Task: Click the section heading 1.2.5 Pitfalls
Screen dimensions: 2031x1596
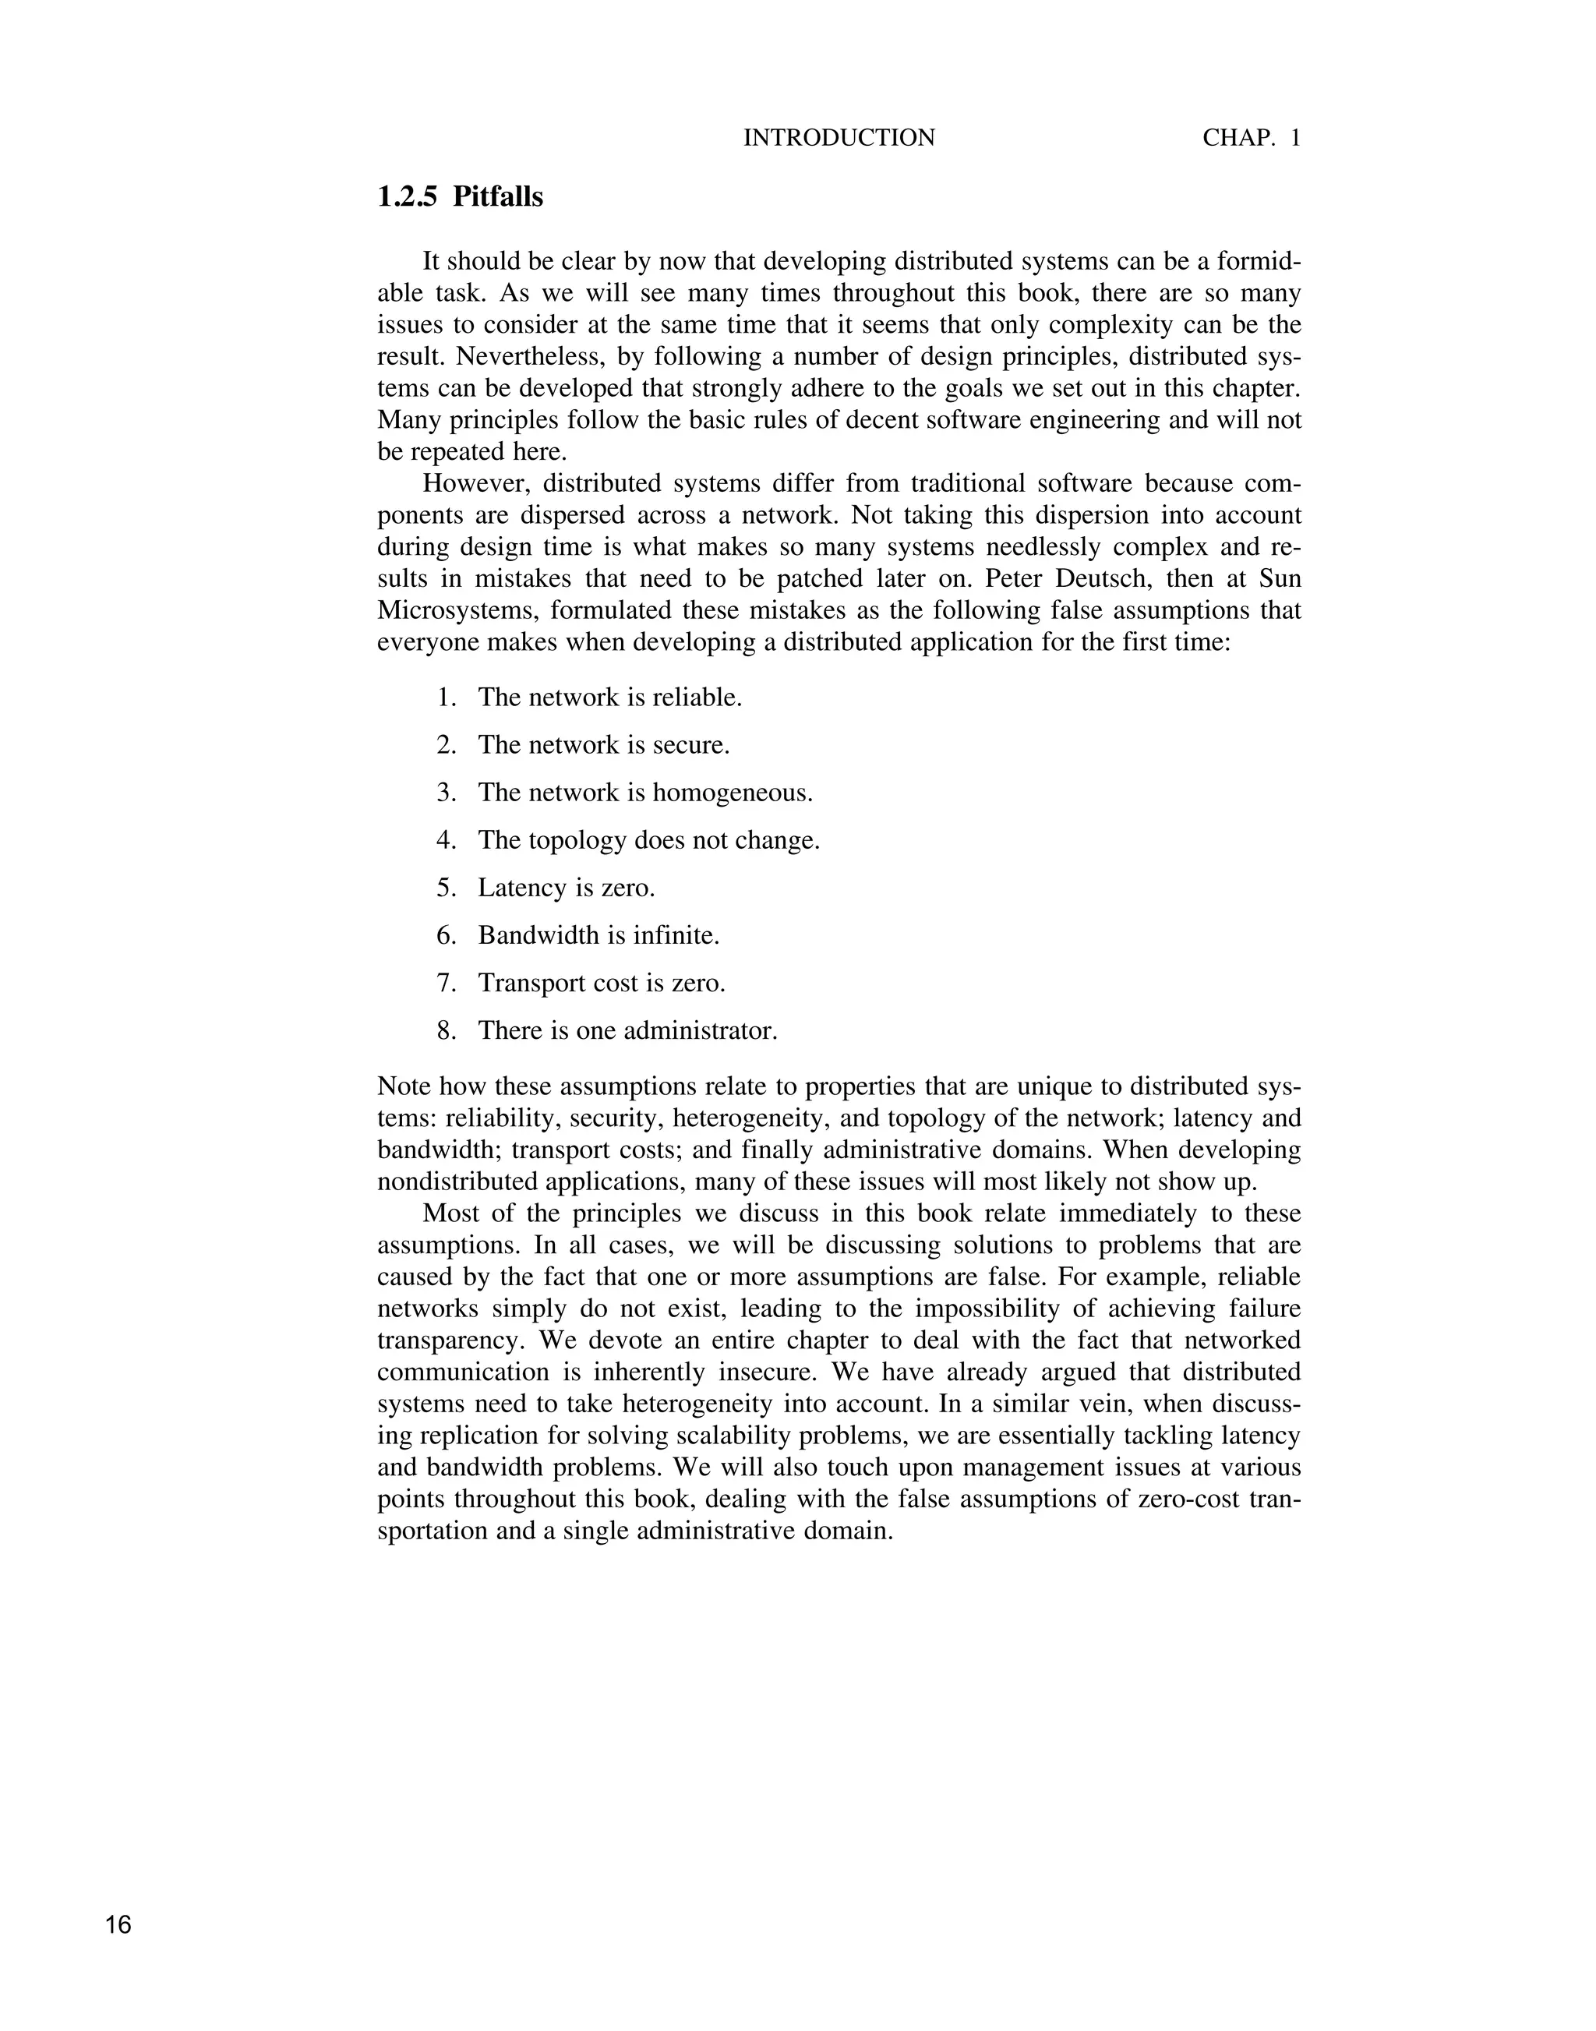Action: tap(460, 197)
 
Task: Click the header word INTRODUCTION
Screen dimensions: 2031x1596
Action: tap(839, 138)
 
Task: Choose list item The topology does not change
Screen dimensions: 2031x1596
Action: tap(648, 840)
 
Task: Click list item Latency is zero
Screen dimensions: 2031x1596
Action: tap(567, 887)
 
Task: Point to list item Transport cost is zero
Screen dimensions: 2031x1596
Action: tap(601, 982)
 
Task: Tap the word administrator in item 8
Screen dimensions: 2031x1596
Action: tap(700, 1030)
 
